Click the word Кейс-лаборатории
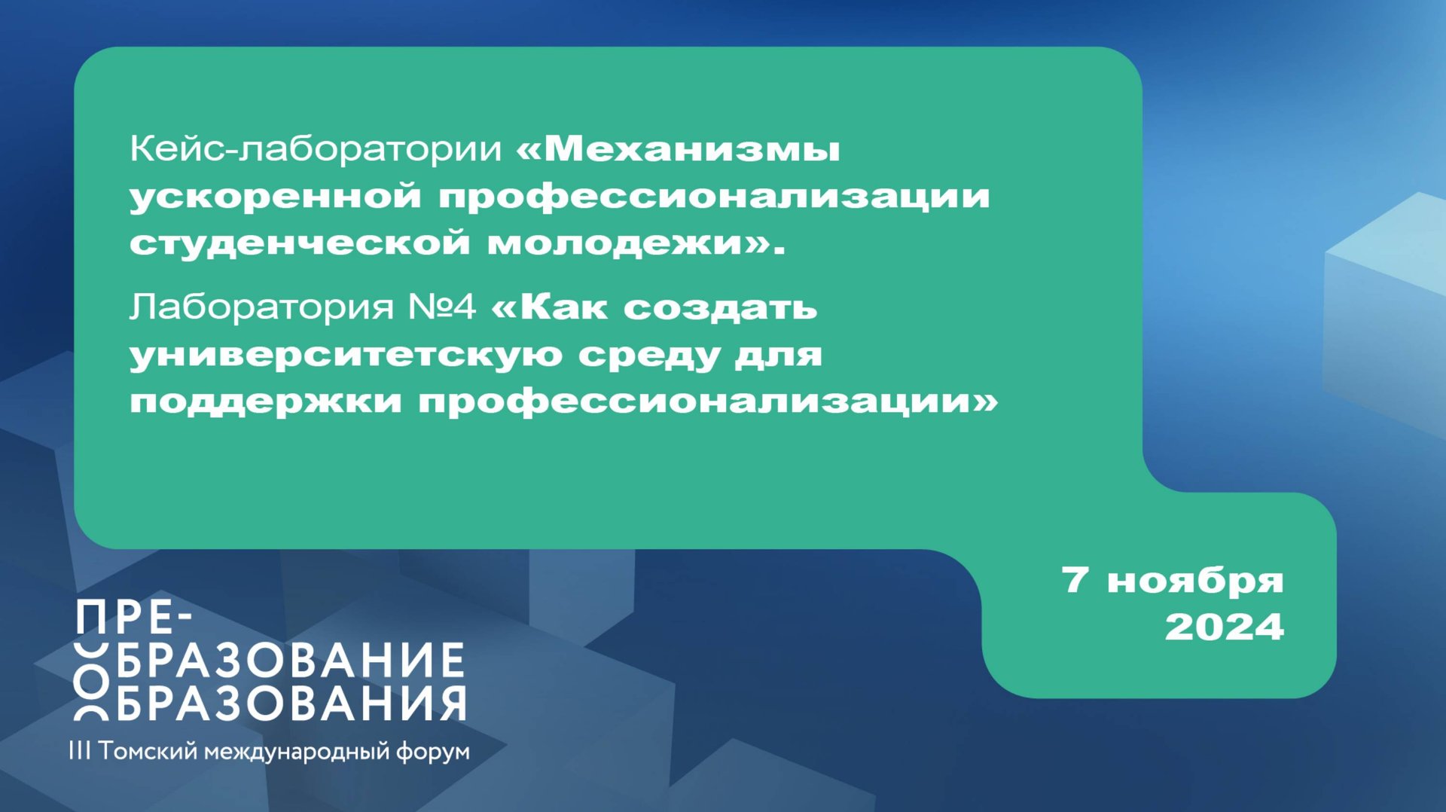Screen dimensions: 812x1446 315,148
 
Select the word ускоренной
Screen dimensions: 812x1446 275,197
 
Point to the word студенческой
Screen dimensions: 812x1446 300,243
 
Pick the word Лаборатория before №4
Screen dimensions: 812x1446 261,307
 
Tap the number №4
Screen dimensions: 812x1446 442,307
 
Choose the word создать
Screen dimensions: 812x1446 720,307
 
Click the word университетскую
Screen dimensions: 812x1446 346,355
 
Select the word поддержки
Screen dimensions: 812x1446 266,401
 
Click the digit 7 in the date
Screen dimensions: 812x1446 1075,580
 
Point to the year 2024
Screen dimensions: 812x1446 1224,627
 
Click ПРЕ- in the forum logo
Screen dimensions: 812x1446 135,619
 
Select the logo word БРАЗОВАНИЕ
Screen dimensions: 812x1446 290,661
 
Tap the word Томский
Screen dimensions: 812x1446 148,751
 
